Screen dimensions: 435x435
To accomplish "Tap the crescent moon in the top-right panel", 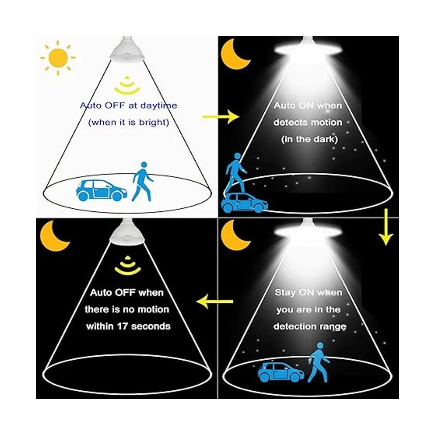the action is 234,55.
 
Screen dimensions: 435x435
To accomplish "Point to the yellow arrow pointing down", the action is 386,227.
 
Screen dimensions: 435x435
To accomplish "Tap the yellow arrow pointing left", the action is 215,301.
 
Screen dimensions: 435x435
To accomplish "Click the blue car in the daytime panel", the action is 101,190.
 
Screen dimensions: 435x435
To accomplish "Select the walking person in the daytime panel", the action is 142,182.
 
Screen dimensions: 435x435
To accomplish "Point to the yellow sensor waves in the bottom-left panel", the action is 128,265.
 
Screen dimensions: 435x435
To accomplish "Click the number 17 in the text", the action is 123,326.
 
